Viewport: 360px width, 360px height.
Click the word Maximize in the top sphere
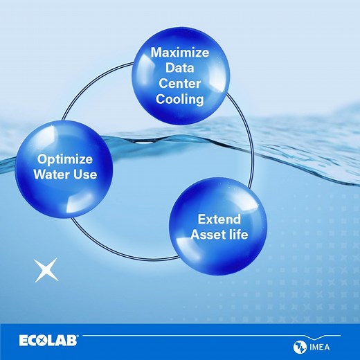point(179,53)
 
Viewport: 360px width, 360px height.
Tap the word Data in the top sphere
point(179,68)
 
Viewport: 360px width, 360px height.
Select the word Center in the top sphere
point(179,83)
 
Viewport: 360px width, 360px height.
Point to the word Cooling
point(179,99)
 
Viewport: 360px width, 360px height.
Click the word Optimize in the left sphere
point(66,158)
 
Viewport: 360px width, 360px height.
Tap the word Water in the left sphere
point(52,174)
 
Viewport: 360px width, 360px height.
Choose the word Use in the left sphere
point(85,174)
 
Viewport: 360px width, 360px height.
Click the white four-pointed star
point(46,270)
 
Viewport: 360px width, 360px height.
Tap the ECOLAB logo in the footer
point(48,341)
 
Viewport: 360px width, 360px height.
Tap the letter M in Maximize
point(156,53)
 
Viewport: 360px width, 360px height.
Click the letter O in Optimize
point(42,158)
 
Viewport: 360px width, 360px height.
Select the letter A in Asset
point(195,235)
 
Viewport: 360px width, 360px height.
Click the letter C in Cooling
point(160,99)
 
